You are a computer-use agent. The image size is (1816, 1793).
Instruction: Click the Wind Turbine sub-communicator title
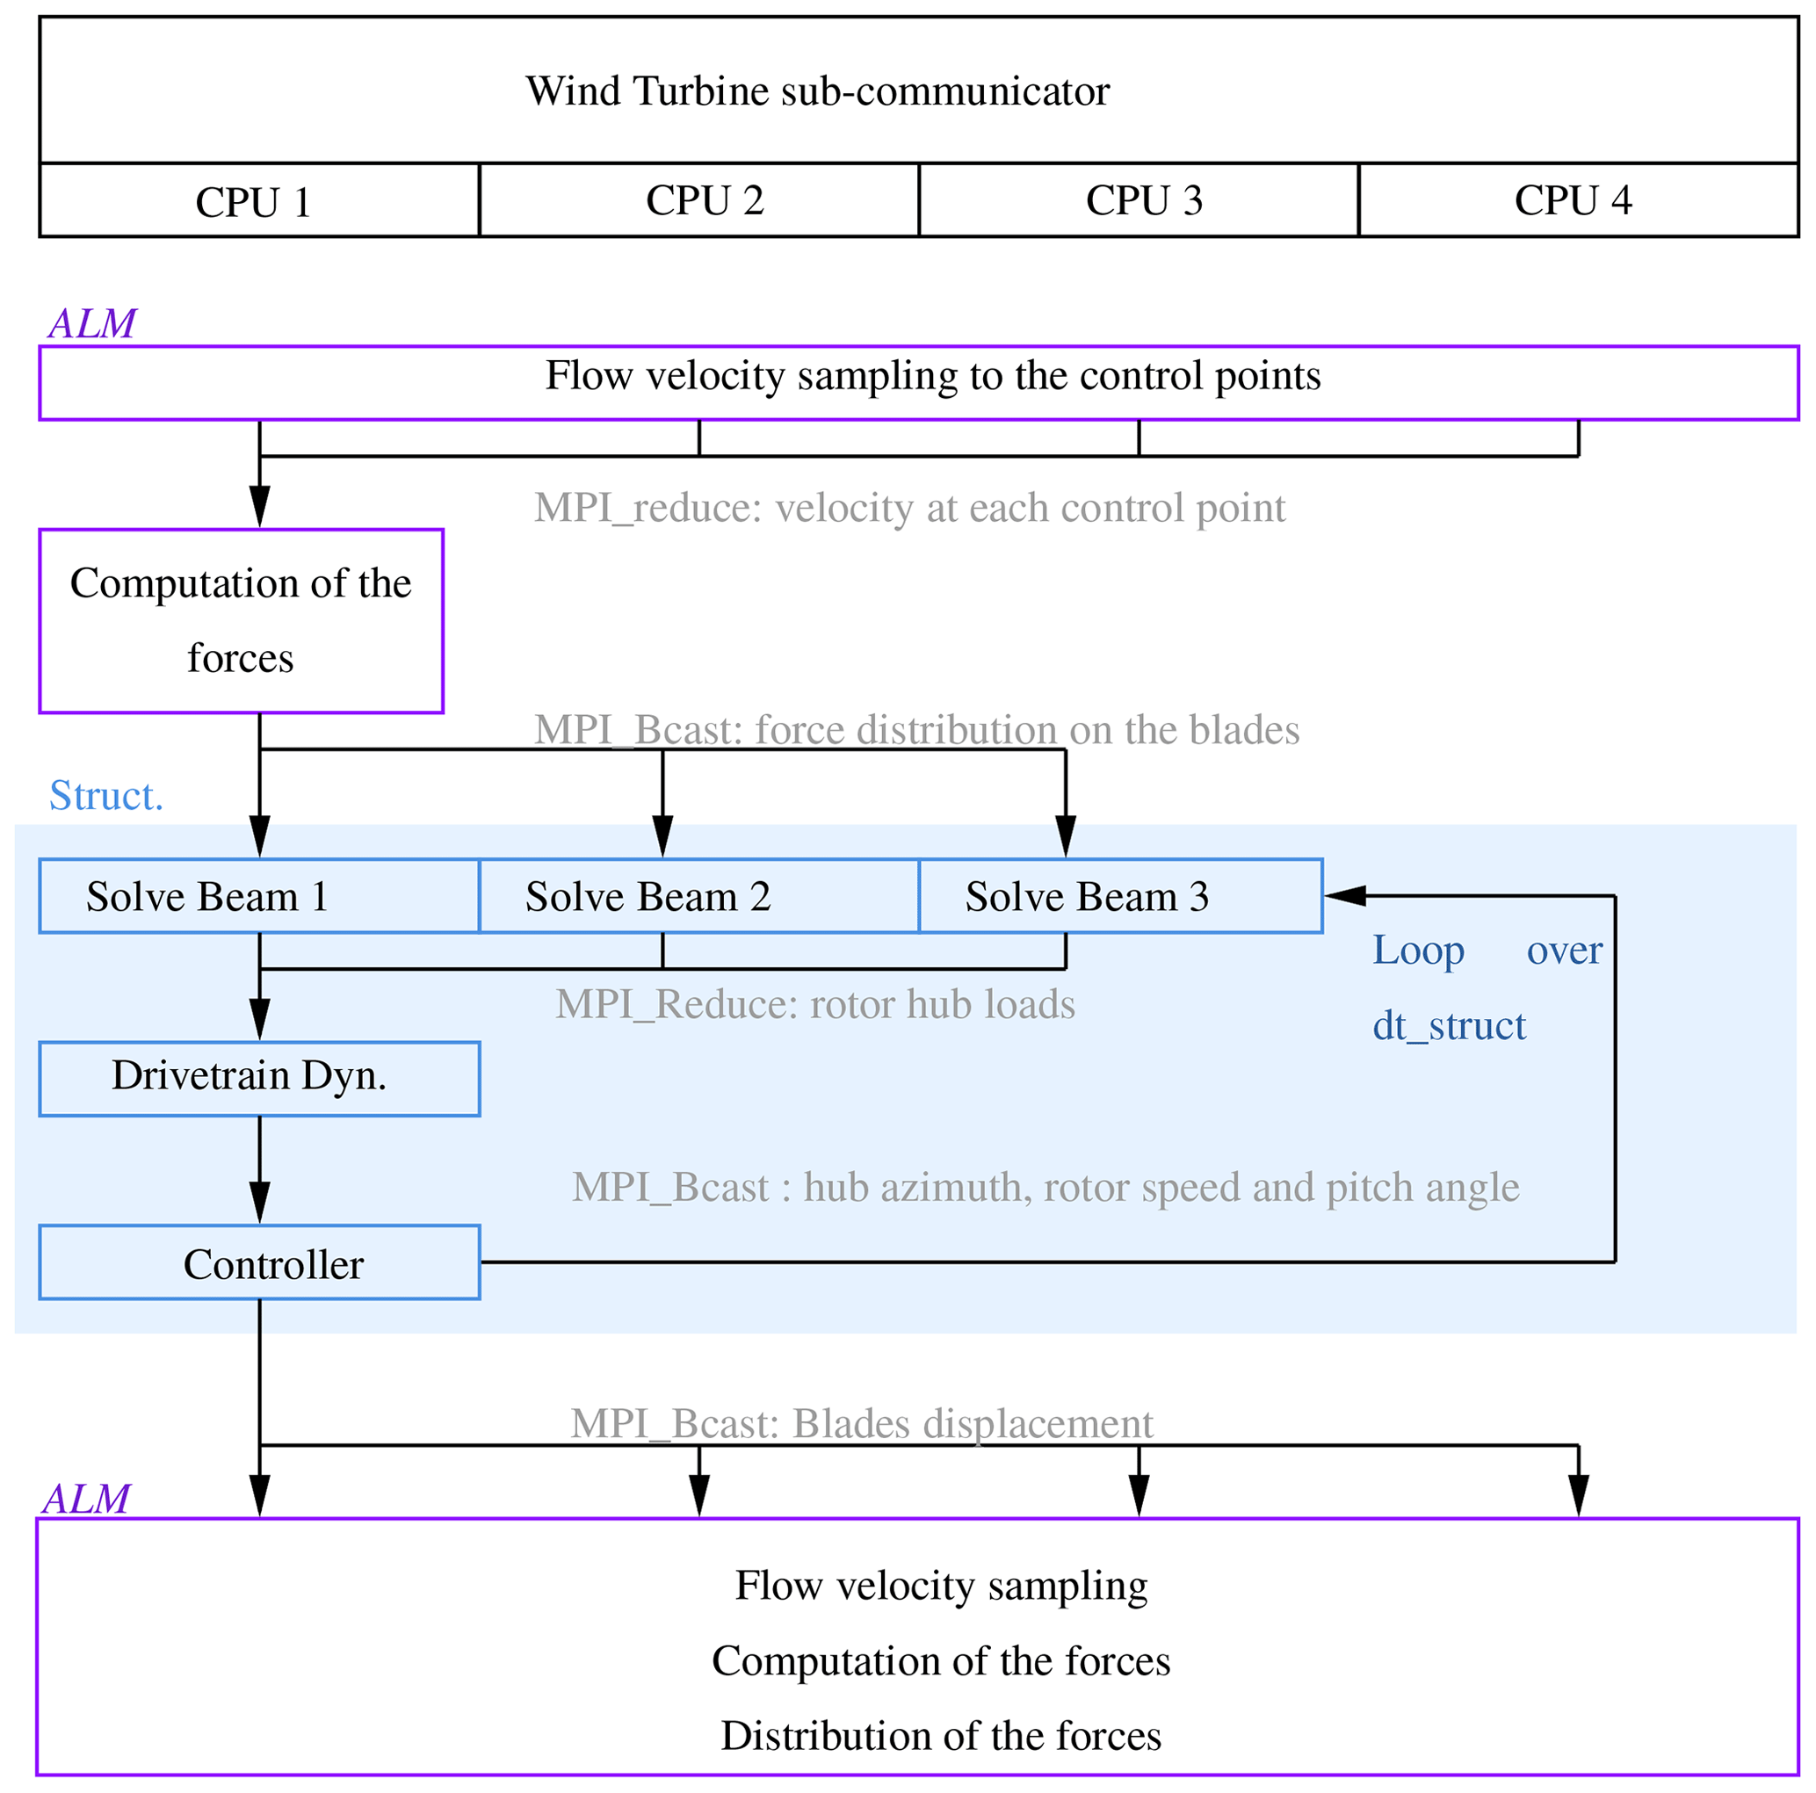817,91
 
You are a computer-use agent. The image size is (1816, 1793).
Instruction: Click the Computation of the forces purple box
241,620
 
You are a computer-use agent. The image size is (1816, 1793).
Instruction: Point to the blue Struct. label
106,795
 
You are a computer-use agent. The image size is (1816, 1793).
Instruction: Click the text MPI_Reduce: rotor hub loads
814,1003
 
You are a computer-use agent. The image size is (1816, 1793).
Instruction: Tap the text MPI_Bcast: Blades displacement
861,1423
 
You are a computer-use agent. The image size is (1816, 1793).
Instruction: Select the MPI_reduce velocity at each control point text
909,508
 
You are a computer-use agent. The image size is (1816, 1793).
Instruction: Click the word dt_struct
1449,1024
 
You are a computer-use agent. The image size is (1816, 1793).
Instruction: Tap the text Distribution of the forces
940,1735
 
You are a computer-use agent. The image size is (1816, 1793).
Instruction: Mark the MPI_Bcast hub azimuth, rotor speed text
1045,1187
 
